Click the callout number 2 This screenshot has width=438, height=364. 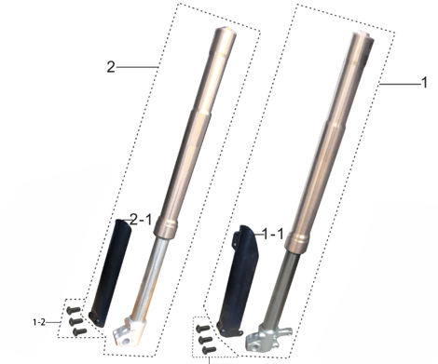(x=111, y=67)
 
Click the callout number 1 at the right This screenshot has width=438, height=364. (x=424, y=83)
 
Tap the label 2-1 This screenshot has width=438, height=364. (x=141, y=220)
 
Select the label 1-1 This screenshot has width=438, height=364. (x=273, y=234)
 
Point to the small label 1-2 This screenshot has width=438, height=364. (x=39, y=322)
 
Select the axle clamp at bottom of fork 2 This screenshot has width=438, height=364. (x=129, y=331)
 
